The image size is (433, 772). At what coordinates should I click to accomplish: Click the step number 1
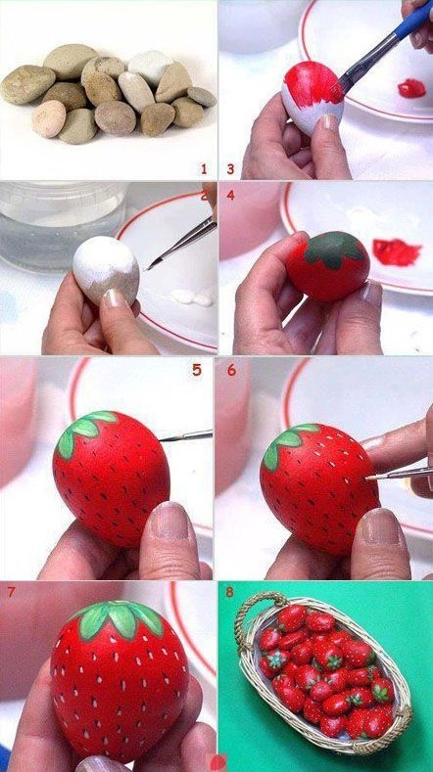204,169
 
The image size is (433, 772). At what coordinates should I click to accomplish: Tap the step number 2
204,196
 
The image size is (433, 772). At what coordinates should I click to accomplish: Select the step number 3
230,169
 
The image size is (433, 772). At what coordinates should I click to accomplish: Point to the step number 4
231,196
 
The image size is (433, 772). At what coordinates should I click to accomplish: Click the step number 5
197,370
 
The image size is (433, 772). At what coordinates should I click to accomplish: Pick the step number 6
231,370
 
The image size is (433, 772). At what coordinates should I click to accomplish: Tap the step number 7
11,591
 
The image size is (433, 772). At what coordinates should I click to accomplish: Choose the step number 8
230,591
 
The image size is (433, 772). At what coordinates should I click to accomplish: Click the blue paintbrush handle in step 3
412,24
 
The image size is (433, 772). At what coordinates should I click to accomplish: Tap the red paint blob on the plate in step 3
411,88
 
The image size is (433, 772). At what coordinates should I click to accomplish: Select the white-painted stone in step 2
106,270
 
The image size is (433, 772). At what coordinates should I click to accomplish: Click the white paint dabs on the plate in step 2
192,296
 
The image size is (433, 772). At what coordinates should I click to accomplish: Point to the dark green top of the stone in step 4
334,250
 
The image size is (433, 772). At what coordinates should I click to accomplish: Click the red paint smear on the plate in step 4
397,251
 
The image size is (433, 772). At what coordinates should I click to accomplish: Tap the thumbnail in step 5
170,522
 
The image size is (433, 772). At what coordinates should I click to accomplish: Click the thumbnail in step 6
382,527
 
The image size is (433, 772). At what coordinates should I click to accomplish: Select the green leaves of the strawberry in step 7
119,618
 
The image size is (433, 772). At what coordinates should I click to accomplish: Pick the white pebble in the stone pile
150,68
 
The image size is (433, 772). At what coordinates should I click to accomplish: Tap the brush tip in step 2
151,265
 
